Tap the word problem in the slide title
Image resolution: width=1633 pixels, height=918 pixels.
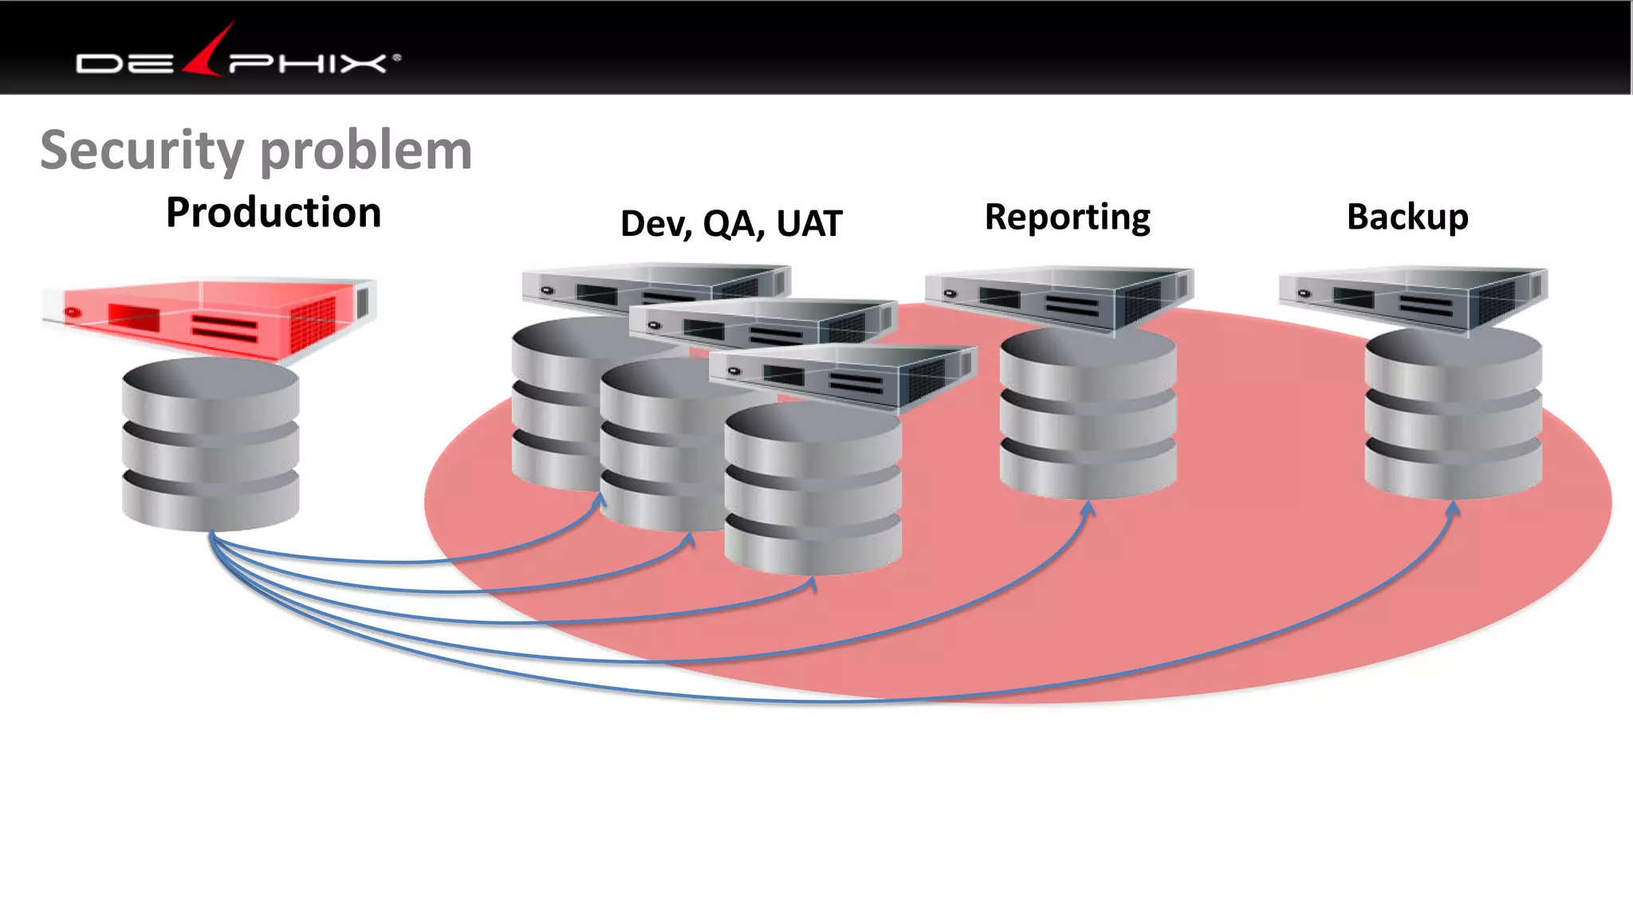pos(366,151)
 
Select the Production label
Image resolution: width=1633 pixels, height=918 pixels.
pos(273,213)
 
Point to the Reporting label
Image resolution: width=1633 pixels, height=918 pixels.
pos(1067,217)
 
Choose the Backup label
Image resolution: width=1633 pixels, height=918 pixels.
pos(1407,217)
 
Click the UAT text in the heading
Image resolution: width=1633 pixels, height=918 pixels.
pos(809,224)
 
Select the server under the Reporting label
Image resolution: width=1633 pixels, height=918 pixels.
pos(1059,298)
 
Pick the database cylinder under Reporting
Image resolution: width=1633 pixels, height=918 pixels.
pos(1088,414)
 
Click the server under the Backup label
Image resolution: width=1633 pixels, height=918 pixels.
pos(1413,298)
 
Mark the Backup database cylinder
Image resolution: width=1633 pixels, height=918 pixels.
pos(1453,414)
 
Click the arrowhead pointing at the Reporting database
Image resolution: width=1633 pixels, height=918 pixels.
pos(1088,508)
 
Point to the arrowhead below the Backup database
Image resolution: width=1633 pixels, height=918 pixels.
pos(1453,508)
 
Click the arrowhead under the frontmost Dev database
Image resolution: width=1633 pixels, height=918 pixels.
pos(813,584)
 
